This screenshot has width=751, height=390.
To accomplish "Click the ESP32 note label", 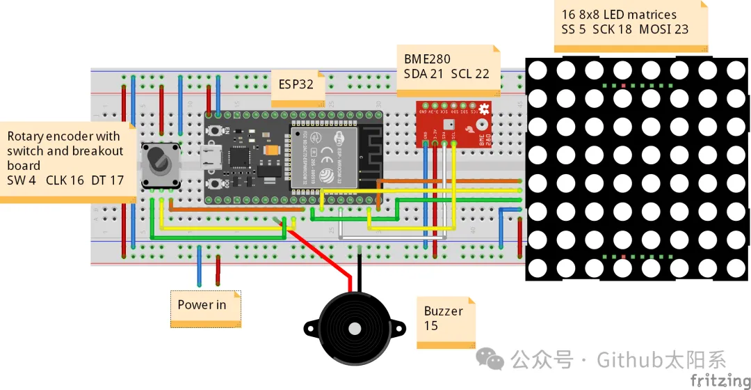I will pyautogui.click(x=296, y=85).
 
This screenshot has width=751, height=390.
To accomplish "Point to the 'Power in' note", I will pyautogui.click(x=202, y=304).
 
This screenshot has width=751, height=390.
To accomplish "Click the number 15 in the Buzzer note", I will pyautogui.click(x=431, y=325).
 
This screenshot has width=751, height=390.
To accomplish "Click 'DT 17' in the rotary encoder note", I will pyautogui.click(x=107, y=180).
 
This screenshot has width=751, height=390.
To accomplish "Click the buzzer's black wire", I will pyautogui.click(x=359, y=268).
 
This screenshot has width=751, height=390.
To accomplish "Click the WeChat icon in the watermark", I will pyautogui.click(x=494, y=359).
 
